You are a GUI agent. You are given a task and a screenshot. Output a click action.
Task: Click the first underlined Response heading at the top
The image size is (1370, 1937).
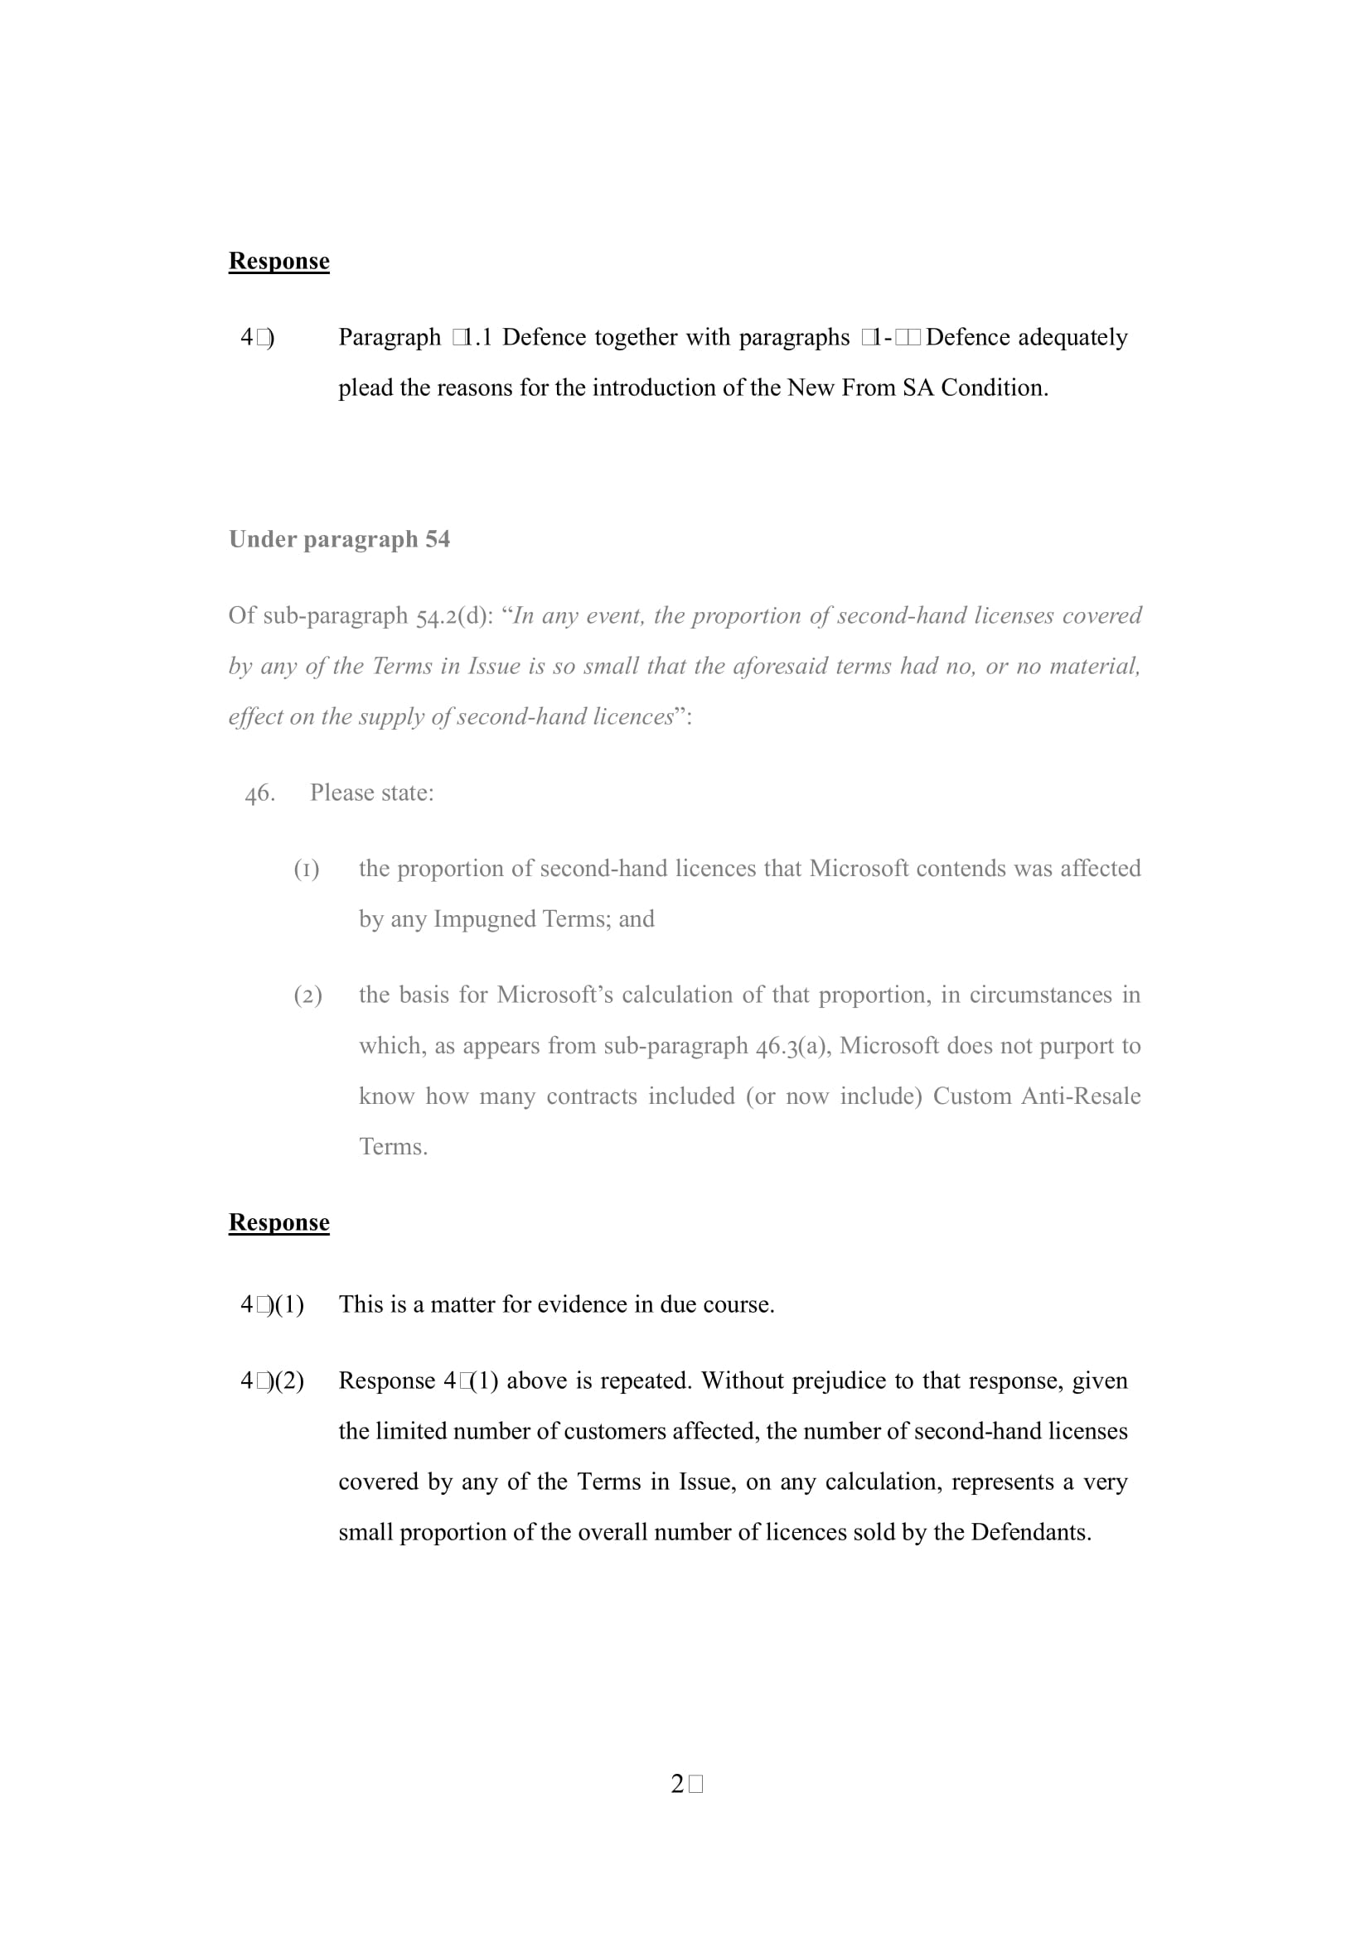(x=278, y=261)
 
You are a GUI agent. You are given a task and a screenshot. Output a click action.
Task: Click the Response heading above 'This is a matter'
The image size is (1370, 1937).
(x=278, y=1222)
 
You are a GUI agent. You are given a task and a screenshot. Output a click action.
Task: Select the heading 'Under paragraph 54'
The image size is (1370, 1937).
(x=339, y=539)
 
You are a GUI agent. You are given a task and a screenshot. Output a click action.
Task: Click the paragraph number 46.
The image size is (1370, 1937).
(x=259, y=793)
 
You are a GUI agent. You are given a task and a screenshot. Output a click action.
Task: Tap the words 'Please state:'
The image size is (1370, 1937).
(x=371, y=793)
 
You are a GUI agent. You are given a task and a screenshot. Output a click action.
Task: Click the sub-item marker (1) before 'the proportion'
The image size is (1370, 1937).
(x=307, y=869)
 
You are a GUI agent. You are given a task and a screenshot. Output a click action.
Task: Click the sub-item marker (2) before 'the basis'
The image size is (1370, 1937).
(x=307, y=995)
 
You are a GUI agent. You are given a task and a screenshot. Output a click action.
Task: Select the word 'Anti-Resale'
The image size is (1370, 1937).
(x=1081, y=1096)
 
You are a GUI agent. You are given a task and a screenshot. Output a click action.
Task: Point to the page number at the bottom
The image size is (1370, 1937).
(x=686, y=1785)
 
